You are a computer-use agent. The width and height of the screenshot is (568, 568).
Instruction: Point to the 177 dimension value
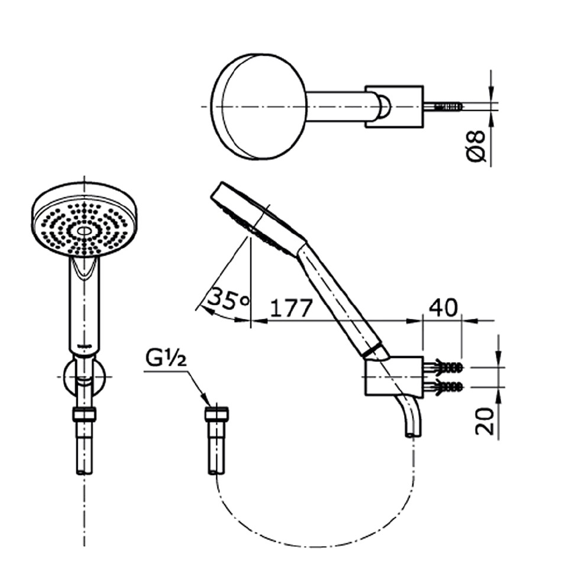coord(291,309)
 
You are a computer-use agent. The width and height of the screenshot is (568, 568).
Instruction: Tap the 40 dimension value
coord(443,308)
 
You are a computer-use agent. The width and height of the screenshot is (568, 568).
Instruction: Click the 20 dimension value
coord(485,421)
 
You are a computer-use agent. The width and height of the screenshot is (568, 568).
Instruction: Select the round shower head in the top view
coord(259,106)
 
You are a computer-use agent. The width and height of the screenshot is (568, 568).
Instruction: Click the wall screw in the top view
coord(448,106)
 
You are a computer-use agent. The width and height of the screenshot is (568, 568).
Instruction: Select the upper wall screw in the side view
coord(448,367)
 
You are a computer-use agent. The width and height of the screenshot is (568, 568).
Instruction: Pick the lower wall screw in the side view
coord(448,388)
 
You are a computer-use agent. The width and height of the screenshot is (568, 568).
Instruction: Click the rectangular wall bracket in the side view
coord(393,376)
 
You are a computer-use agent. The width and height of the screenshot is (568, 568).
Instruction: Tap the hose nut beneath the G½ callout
coord(217,415)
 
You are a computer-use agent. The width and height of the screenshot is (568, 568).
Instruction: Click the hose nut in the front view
coord(84,415)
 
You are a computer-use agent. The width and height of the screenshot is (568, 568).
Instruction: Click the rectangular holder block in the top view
coord(394,106)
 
